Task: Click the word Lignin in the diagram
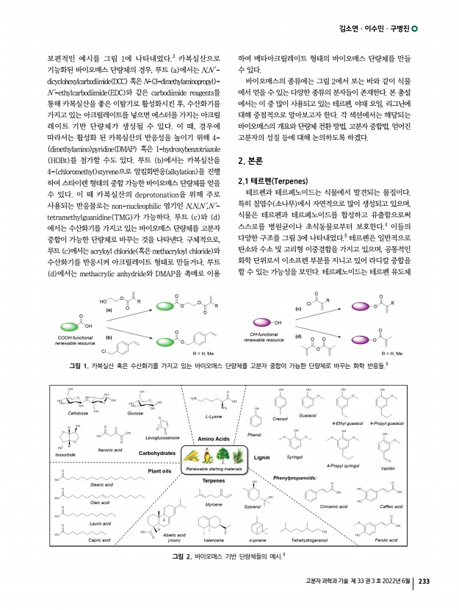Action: click(263, 457)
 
